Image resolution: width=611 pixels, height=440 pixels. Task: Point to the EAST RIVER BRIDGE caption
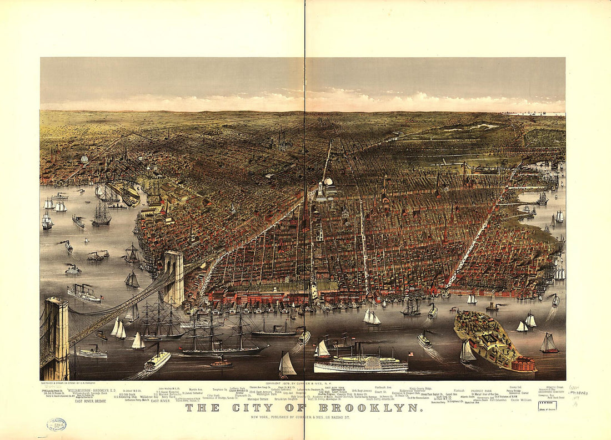(90, 401)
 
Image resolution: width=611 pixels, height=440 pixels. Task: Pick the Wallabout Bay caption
(149, 397)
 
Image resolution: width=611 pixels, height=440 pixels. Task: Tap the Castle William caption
(522, 399)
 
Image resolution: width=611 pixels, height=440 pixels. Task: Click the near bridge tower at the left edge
(57, 338)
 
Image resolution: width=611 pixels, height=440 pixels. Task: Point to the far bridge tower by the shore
(174, 277)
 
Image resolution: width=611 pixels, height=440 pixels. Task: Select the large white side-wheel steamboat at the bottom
(361, 363)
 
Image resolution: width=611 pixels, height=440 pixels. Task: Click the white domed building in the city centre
(328, 183)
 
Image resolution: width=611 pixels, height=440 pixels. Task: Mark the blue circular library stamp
(56, 424)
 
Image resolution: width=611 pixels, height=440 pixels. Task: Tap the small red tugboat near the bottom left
(221, 363)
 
